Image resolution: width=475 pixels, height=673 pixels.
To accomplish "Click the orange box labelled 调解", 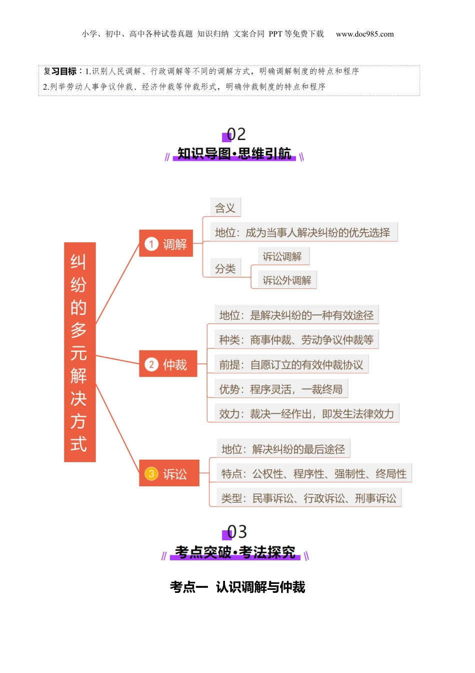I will point(166,244).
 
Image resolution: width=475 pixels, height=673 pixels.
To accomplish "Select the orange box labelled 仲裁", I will point(168,364).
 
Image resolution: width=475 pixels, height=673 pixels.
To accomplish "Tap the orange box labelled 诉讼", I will point(169,473).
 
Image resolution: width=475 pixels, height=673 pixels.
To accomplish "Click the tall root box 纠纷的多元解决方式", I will point(79,352).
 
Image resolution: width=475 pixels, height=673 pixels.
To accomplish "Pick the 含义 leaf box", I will point(225,208).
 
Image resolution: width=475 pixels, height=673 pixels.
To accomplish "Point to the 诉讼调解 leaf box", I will point(283,256).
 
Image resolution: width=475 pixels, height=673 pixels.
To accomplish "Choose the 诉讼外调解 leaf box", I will point(287,280).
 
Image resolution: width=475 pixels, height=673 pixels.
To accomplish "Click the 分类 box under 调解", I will point(225,268).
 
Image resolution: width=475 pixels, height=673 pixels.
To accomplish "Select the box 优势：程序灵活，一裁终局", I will point(281,389).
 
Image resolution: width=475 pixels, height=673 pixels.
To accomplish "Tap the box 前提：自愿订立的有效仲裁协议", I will point(291,365).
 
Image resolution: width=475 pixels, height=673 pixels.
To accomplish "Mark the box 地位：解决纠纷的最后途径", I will point(283,449).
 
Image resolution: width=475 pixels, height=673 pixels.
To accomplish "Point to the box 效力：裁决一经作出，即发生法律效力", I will point(306,414).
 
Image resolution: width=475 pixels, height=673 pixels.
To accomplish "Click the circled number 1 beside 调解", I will point(151,244).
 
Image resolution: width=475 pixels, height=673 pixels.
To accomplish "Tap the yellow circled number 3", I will point(151,473).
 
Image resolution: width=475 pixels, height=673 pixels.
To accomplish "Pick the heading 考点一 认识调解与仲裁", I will point(237,587).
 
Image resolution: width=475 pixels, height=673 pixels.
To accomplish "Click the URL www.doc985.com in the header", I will point(364,34).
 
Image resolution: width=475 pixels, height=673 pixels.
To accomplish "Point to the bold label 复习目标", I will point(60,71).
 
